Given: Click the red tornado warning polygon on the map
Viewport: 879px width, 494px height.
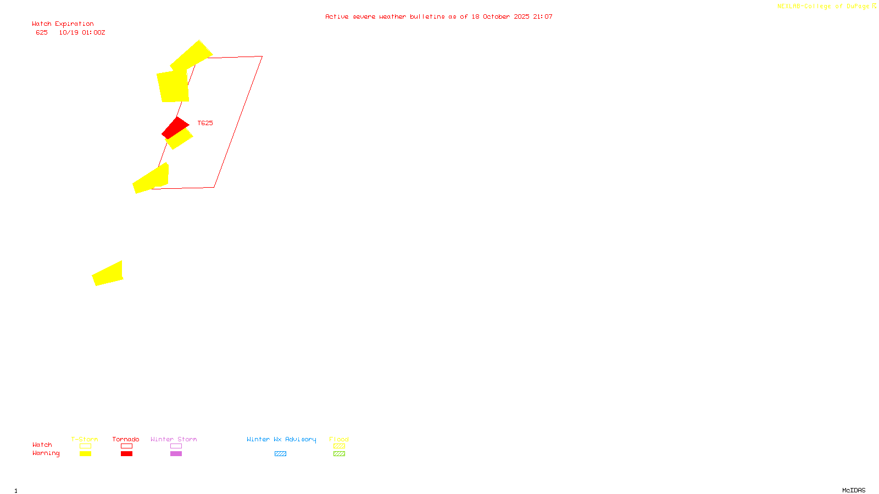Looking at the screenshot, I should [175, 127].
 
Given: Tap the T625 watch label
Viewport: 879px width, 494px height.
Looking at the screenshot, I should [205, 123].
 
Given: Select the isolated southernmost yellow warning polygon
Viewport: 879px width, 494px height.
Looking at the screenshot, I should [108, 274].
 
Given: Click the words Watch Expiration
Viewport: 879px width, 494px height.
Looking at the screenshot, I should [63, 24].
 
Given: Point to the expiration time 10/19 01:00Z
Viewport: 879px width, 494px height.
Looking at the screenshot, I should [82, 33].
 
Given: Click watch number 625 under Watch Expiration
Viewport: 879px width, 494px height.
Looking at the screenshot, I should [42, 33].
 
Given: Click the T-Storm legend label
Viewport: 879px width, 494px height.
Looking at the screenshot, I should [85, 439].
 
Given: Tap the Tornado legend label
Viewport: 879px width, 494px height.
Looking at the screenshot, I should [126, 439].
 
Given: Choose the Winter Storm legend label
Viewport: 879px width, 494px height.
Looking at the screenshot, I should [174, 439].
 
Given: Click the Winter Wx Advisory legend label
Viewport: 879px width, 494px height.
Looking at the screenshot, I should [281, 439].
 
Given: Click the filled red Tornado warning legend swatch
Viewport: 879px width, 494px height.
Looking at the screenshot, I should [126, 454].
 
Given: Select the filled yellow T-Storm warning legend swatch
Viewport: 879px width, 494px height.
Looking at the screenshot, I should [85, 454].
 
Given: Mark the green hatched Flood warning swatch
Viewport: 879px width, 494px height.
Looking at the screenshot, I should [339, 454].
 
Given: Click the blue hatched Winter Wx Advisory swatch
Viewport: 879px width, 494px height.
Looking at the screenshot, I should [280, 454].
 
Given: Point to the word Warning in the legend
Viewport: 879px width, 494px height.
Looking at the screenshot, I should [46, 453].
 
